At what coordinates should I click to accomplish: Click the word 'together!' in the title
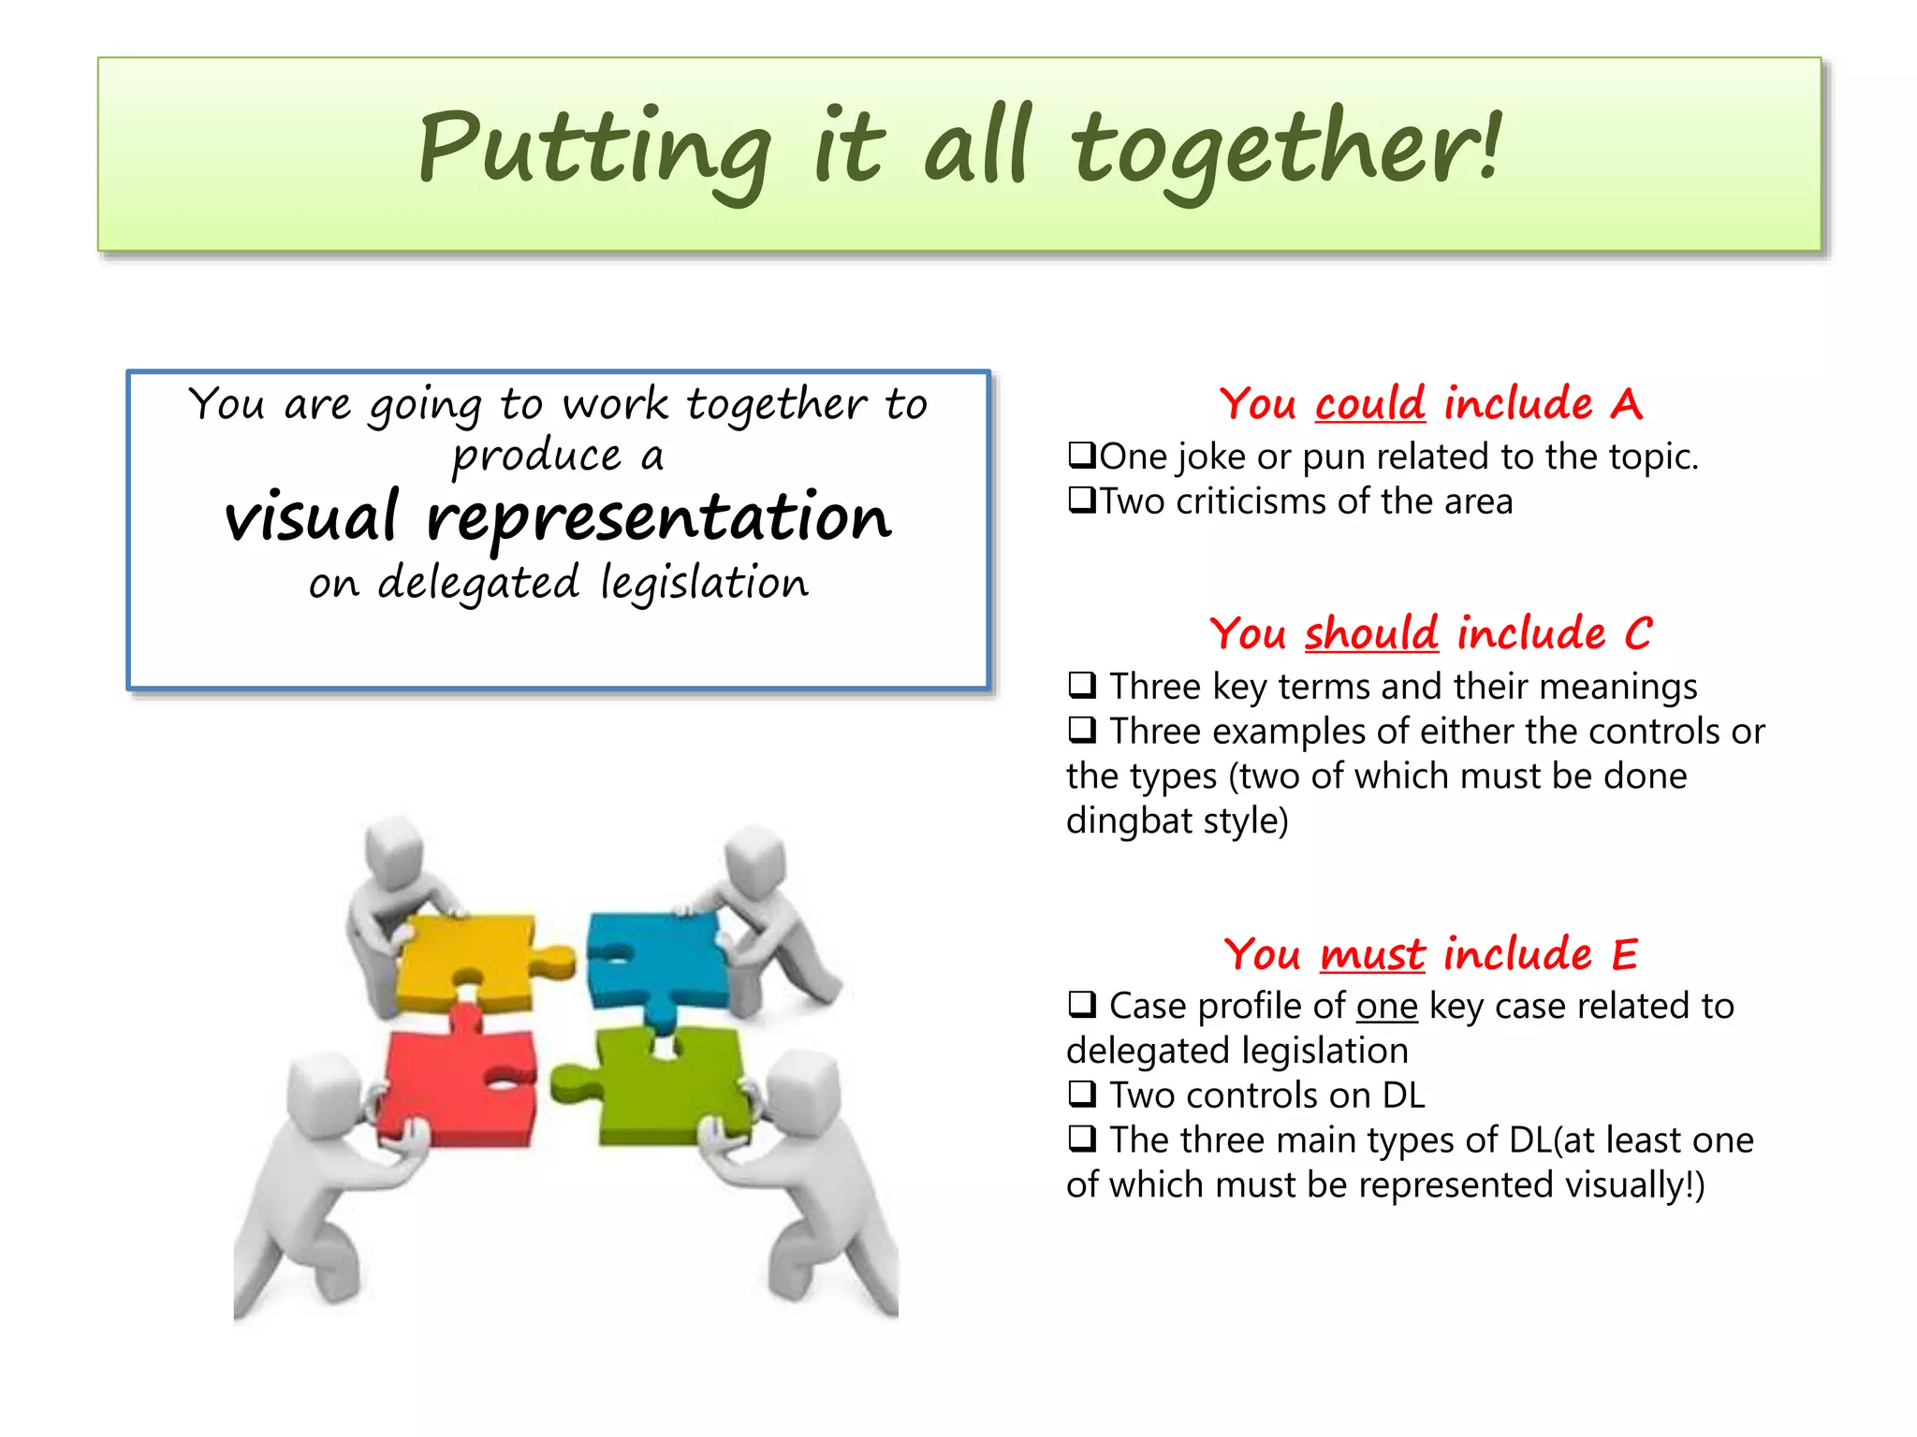point(1286,150)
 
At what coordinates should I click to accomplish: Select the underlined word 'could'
point(1369,404)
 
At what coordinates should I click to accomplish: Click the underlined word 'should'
point(1371,633)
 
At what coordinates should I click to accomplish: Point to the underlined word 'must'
point(1372,954)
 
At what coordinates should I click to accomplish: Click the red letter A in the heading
point(1626,404)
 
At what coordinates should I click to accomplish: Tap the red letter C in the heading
point(1637,633)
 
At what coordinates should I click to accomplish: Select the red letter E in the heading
point(1624,954)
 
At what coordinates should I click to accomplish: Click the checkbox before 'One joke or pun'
point(1082,456)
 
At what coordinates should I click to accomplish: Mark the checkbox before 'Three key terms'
point(1082,685)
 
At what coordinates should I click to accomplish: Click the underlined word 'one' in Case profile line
point(1386,1007)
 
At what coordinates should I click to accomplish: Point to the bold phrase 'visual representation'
point(558,517)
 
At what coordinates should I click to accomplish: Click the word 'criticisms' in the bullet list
point(1251,501)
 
